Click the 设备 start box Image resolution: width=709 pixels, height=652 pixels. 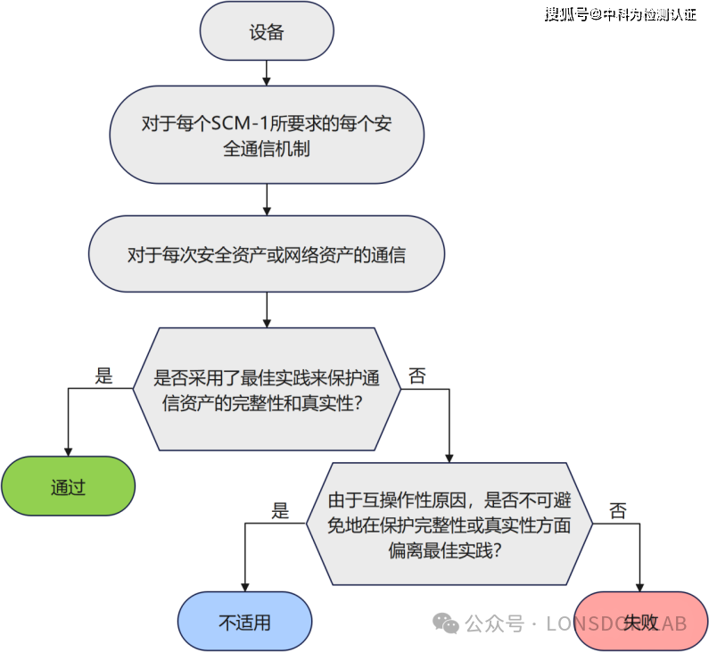pyautogui.click(x=266, y=33)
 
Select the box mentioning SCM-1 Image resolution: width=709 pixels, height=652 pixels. pyautogui.click(x=266, y=135)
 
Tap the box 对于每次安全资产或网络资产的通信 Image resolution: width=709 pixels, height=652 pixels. pyautogui.click(x=266, y=254)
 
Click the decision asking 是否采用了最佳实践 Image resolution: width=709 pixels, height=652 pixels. pyautogui.click(x=266, y=389)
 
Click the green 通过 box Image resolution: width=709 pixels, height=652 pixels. pyautogui.click(x=68, y=488)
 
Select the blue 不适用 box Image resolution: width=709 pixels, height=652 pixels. pyautogui.click(x=244, y=622)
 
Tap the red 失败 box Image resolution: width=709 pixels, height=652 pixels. pyautogui.click(x=640, y=622)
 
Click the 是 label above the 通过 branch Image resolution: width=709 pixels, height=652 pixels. pyautogui.click(x=104, y=376)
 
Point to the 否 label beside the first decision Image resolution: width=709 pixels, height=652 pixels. pyautogui.click(x=416, y=376)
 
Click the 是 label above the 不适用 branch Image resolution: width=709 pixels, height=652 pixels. pyautogui.click(x=280, y=510)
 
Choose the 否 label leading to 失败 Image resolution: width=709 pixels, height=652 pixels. pyautogui.click(x=617, y=510)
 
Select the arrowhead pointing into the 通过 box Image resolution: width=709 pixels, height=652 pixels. pyautogui.click(x=68, y=450)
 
